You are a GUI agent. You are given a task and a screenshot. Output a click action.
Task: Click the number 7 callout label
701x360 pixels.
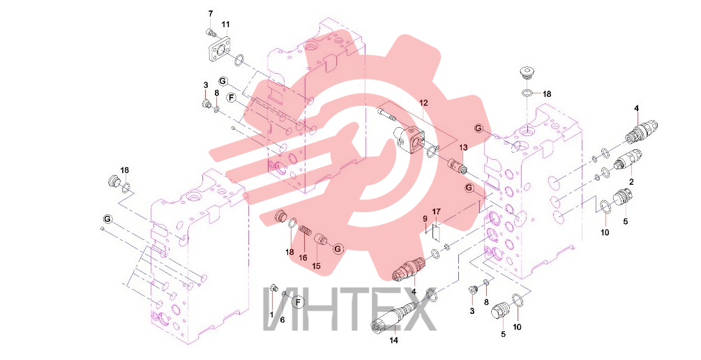pos(211,14)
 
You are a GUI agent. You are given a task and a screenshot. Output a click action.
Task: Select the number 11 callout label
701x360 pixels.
pos(225,23)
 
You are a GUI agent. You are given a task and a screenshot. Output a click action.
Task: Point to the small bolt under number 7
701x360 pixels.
pos(211,32)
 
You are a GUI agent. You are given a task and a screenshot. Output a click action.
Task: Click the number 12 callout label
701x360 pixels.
pos(423,103)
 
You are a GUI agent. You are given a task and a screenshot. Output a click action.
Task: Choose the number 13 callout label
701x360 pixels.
pos(462,148)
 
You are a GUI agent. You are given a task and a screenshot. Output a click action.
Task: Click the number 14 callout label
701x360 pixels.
pos(393,340)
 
